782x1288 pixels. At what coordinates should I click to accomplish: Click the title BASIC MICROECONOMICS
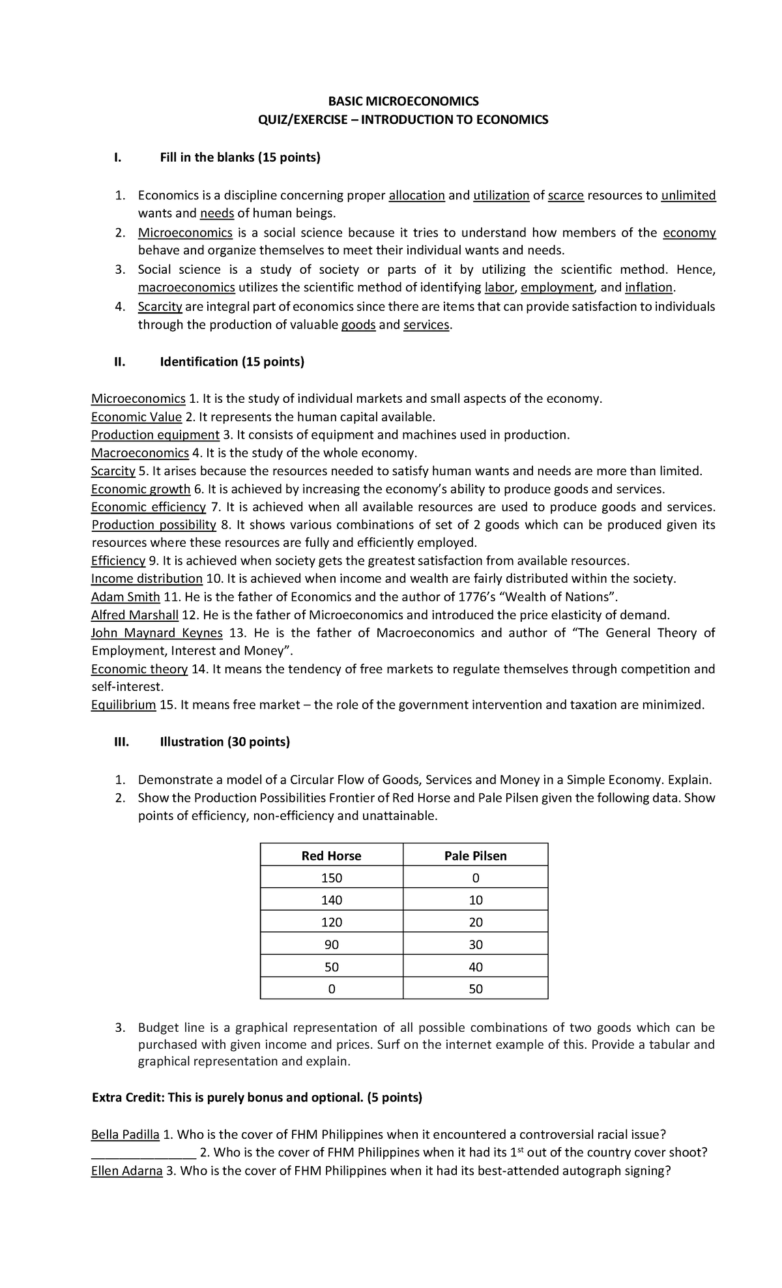tap(403, 101)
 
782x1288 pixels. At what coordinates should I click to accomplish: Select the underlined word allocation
tap(416, 196)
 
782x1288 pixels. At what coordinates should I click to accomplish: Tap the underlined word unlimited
tap(688, 196)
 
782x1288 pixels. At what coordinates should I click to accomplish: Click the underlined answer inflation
tap(648, 287)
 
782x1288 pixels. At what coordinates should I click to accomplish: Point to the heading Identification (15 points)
tap(232, 362)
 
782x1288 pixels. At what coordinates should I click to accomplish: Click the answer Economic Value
tap(136, 417)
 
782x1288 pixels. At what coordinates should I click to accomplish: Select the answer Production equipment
tap(155, 435)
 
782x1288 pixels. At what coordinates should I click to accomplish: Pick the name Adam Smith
tap(125, 596)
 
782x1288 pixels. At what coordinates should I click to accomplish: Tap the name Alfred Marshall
tap(134, 615)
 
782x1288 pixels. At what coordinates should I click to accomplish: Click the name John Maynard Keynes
tap(157, 633)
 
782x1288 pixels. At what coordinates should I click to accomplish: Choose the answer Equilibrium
tap(123, 705)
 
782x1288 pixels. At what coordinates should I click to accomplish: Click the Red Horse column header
tap(331, 856)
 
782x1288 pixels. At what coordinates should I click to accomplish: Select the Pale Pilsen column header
tap(475, 856)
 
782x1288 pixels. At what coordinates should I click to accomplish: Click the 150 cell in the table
tap(331, 878)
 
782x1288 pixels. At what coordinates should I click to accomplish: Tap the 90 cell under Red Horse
tap(331, 944)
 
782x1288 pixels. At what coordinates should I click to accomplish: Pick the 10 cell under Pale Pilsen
tap(475, 900)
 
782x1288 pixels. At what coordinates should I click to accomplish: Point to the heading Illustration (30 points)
tap(225, 742)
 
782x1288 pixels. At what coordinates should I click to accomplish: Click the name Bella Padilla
tap(125, 1135)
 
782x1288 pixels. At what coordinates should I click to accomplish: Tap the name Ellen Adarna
tap(126, 1171)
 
